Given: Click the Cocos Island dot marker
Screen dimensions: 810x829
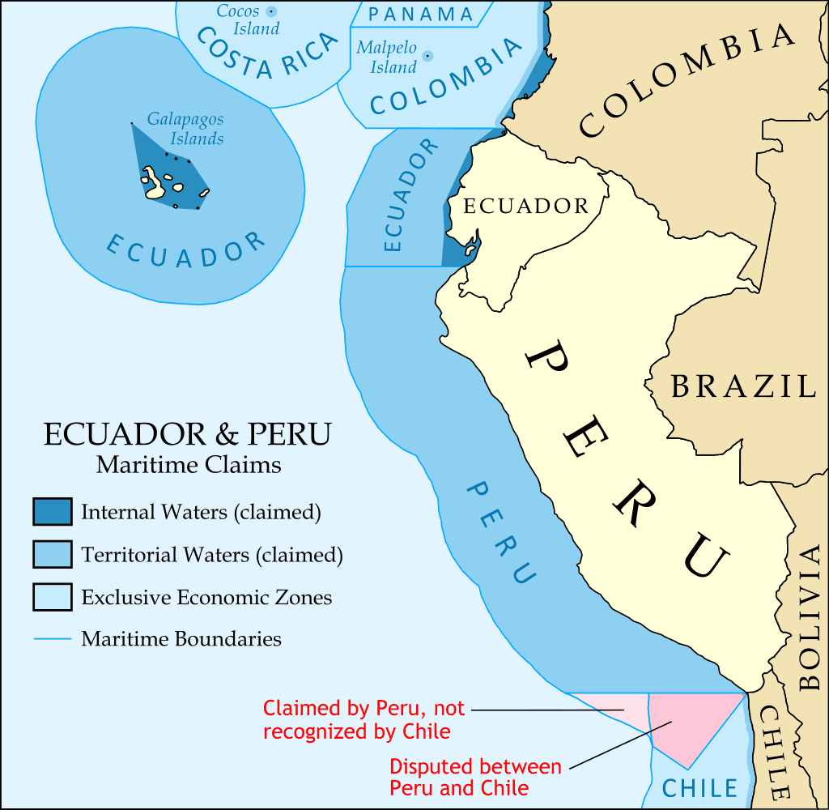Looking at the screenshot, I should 271,11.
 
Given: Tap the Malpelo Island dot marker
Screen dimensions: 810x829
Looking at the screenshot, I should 427,56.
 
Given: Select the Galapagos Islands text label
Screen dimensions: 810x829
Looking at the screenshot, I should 186,129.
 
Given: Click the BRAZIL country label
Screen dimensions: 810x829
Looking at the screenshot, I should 743,386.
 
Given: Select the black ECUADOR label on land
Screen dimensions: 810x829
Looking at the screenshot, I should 525,207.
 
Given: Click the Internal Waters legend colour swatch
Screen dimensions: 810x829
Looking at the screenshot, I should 53,512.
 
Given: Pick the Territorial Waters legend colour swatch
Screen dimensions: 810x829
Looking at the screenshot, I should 53,555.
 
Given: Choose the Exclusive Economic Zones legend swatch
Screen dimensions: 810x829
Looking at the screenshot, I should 53,598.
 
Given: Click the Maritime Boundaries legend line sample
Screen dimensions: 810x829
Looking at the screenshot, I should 53,639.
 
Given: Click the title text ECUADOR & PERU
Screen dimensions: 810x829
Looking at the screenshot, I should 188,434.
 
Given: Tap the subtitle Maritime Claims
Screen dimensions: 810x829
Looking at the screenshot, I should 189,466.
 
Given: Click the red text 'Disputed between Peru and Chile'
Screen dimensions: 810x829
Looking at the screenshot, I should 475,777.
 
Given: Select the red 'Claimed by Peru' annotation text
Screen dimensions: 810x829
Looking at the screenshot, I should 364,720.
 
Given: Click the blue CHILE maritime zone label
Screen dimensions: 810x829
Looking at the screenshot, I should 699,788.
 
